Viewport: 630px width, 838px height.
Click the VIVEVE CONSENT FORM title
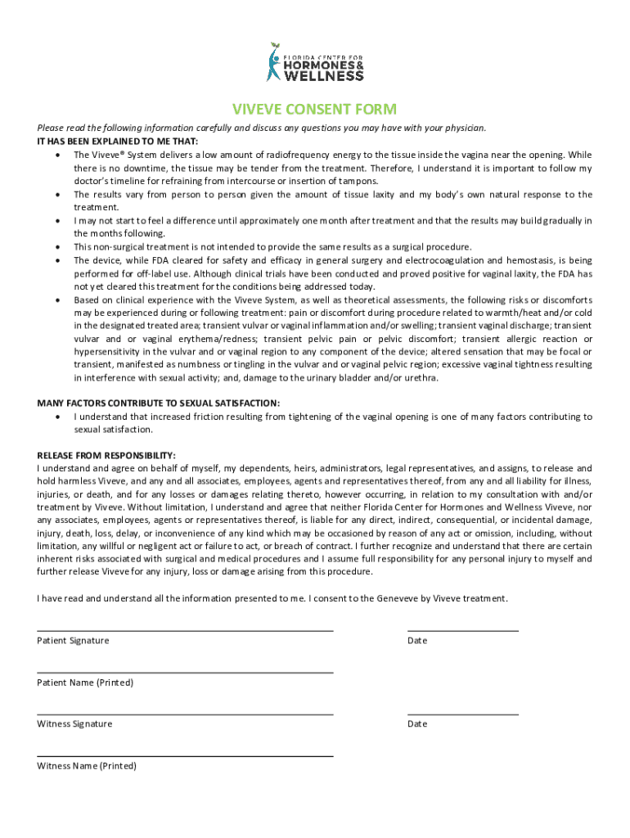314,110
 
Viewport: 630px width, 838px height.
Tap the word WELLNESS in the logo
324,75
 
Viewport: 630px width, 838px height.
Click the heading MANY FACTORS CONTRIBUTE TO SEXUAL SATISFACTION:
158,403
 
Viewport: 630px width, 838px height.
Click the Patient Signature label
73,640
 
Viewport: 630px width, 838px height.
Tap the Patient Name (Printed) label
85,682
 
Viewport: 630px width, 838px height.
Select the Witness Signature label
74,723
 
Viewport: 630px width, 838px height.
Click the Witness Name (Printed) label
87,766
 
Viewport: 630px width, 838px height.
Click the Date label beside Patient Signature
417,640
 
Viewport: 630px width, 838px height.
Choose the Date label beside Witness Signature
417,723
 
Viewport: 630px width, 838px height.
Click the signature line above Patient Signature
185,631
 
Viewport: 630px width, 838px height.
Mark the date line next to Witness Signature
462,714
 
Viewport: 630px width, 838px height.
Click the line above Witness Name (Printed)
185,756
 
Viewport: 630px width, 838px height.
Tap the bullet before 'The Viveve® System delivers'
57,155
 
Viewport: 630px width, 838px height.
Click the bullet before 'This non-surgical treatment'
57,247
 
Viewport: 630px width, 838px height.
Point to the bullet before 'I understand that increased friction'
57,417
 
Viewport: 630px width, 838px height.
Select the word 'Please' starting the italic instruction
51,128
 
